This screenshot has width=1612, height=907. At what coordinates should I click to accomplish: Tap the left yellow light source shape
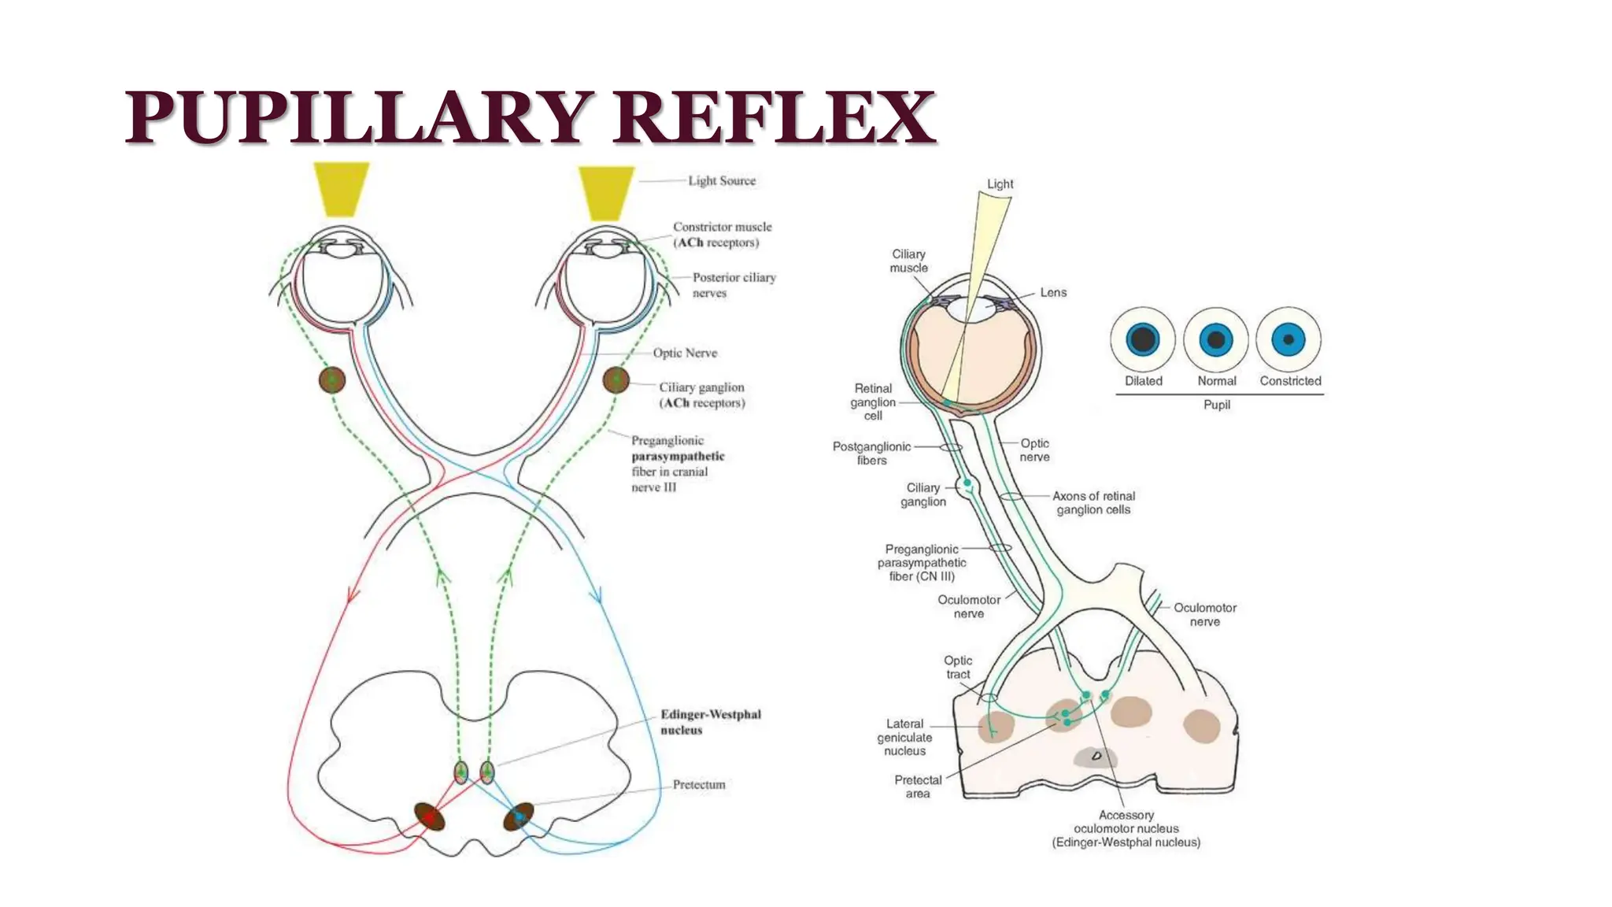341,189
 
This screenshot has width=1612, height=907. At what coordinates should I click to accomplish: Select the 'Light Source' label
721,181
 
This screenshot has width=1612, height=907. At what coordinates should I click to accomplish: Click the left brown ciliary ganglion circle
332,380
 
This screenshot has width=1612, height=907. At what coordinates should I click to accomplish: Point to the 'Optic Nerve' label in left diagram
685,353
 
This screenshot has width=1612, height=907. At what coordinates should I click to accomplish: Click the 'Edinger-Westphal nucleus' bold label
710,722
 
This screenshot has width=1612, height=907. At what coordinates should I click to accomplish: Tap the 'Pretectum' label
698,785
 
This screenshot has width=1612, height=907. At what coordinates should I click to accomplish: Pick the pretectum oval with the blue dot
519,817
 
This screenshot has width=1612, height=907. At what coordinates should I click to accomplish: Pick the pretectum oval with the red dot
430,817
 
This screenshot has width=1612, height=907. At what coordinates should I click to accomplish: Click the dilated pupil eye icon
1143,340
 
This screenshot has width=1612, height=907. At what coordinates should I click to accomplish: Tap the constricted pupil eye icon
1288,340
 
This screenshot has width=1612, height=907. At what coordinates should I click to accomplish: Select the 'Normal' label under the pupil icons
1216,381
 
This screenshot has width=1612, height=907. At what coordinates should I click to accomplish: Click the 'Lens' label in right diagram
1053,293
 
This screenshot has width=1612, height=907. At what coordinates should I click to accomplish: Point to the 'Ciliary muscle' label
908,261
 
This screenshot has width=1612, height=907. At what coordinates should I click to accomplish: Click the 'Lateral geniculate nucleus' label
904,737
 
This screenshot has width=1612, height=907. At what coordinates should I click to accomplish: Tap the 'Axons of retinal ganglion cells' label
1093,503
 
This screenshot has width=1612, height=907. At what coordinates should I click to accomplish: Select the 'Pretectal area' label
918,787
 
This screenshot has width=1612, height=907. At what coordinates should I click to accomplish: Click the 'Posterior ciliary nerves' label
734,285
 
